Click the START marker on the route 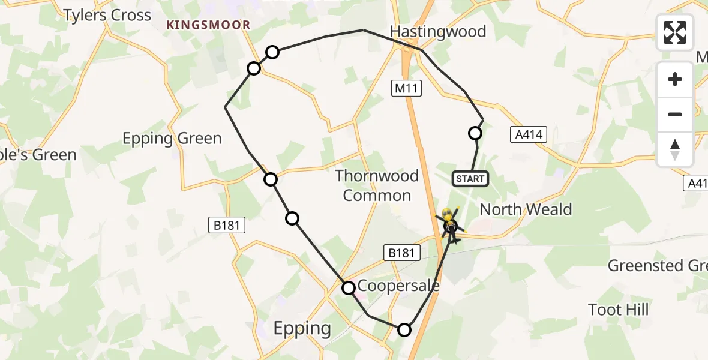(470, 179)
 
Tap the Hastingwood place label (438, 31)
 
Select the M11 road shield (408, 89)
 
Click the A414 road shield (529, 134)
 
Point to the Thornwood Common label (377, 185)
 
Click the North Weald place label (526, 209)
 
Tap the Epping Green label (172, 139)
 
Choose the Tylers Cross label (107, 15)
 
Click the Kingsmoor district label (208, 25)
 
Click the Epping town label (302, 328)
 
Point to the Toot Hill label (619, 310)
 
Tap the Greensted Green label (658, 265)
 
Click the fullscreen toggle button (675, 32)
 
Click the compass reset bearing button (675, 149)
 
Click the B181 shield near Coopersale (401, 253)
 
